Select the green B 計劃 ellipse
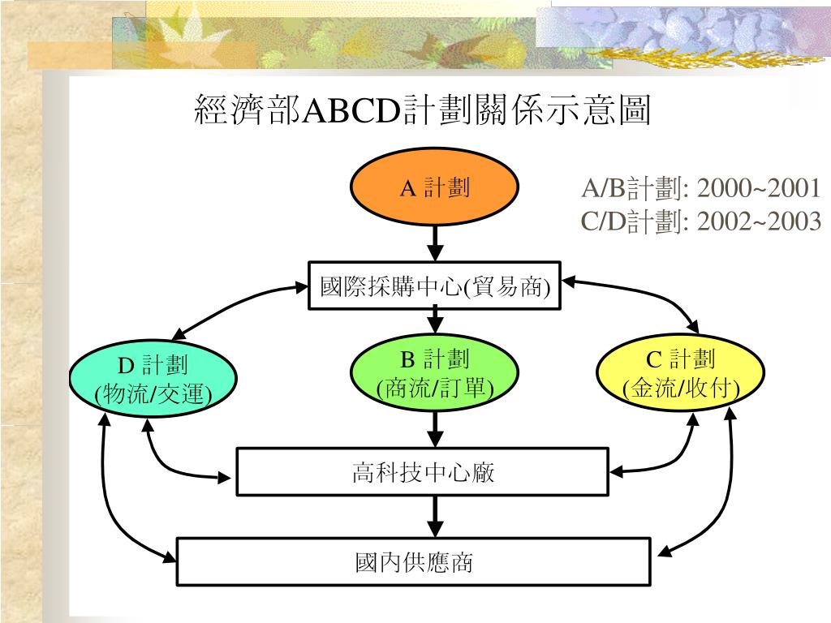(x=435, y=374)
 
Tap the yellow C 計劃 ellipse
(x=681, y=374)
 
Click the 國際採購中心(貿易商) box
(x=435, y=286)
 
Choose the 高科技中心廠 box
(x=422, y=471)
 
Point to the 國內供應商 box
(x=414, y=561)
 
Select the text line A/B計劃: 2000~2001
(x=700, y=189)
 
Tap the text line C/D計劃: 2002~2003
(x=700, y=221)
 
